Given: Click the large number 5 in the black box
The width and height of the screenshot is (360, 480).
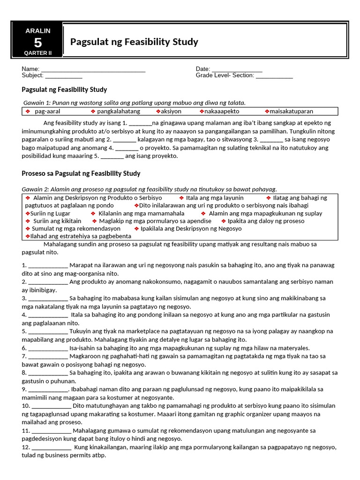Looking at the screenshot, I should tap(38, 42).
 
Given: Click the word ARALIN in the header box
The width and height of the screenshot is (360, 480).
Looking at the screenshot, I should tap(38, 30).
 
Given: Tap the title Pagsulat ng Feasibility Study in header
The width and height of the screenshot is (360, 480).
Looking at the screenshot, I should tap(134, 42).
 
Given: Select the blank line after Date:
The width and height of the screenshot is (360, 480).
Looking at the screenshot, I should tap(237, 69).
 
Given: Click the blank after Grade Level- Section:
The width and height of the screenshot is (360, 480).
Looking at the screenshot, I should tap(274, 75).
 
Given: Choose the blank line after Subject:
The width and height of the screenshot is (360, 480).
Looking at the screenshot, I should tap(64, 75).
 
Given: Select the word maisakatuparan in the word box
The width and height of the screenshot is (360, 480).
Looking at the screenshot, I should tap(292, 112).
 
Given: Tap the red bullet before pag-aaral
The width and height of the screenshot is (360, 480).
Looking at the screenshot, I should tap(28, 112).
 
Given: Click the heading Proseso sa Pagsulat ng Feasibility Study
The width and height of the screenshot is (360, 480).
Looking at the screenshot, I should tap(81, 173).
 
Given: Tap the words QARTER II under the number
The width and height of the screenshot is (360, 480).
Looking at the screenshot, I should tap(38, 53).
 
